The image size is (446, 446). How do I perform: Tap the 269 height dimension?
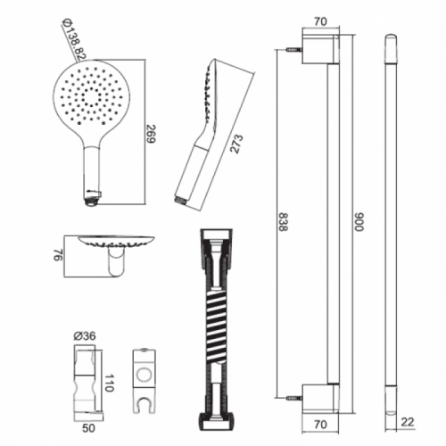point(152,134)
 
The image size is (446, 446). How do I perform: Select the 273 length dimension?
point(237,144)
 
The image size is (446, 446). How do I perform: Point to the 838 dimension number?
point(284,222)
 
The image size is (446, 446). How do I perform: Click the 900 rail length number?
point(359,222)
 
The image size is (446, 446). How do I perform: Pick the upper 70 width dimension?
point(320,21)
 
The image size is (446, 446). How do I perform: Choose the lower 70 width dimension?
point(320,425)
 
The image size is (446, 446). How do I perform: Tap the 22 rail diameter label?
point(408,422)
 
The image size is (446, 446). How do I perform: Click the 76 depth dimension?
point(58,255)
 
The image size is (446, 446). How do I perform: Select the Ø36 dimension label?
point(85,336)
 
